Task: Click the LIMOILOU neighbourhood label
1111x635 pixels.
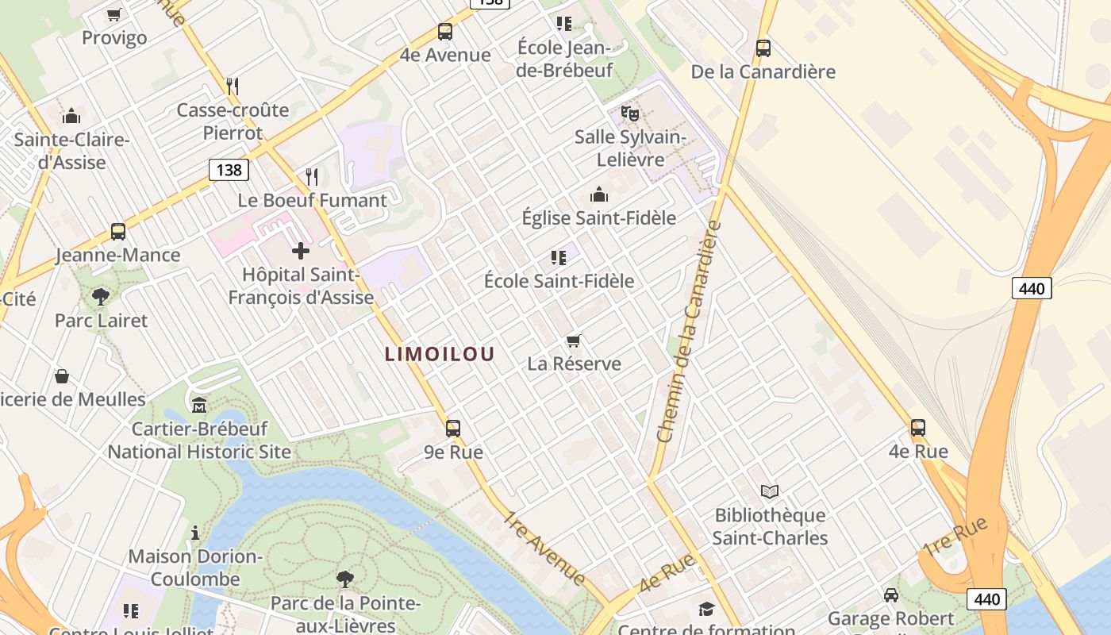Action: [440, 354]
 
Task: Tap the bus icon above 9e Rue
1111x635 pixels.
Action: [453, 429]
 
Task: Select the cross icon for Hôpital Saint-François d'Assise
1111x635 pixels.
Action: [301, 251]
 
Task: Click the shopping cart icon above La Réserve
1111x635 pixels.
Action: [574, 341]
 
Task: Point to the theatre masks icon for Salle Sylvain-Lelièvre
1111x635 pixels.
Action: [630, 113]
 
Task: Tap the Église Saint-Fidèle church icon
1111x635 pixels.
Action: [599, 194]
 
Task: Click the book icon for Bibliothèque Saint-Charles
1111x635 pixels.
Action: [770, 491]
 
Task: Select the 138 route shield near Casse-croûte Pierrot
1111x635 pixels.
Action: [229, 169]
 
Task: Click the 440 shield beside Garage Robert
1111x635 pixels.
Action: [986, 599]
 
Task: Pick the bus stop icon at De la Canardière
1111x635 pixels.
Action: [763, 48]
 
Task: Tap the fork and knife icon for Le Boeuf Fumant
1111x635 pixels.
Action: [312, 176]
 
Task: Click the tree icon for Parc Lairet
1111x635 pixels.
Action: [101, 297]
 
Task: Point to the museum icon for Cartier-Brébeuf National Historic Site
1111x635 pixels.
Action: [198, 406]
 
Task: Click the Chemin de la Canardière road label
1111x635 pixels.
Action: [689, 332]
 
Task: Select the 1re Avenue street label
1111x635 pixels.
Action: [544, 548]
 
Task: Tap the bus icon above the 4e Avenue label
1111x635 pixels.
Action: [445, 32]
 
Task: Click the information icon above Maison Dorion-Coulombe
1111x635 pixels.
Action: [195, 533]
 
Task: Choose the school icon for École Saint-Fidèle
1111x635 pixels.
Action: [559, 257]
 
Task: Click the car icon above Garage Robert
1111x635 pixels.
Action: [891, 595]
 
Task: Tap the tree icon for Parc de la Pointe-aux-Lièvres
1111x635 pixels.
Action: [344, 579]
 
